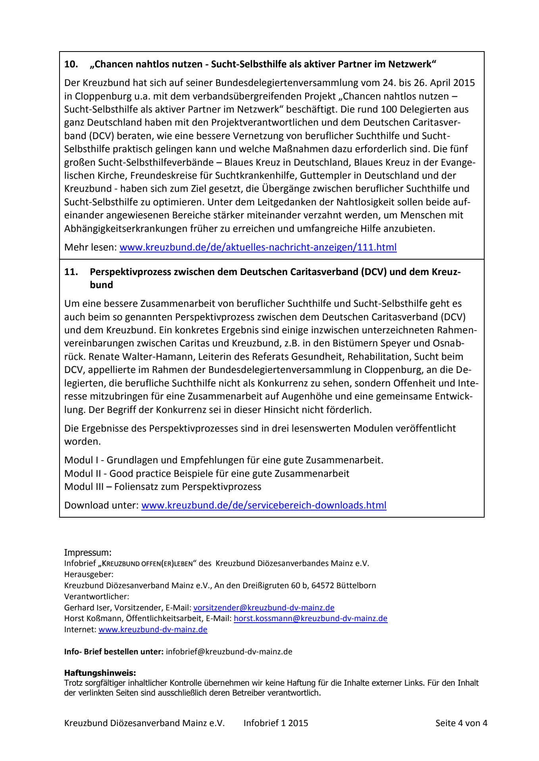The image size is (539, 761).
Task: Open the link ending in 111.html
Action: click(258, 247)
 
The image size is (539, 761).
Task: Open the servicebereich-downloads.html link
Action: click(264, 505)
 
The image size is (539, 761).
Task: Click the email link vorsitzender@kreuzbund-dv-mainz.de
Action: click(264, 607)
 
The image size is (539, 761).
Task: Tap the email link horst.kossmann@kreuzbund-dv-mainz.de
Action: click(310, 618)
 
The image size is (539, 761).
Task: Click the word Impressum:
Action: click(88, 553)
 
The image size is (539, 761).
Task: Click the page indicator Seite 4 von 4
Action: click(461, 723)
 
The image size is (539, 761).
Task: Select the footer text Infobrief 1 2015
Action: click(276, 723)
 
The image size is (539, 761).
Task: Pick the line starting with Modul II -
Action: click(207, 473)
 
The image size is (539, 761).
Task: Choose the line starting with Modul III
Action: click(163, 486)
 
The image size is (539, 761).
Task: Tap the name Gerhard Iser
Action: click(82, 607)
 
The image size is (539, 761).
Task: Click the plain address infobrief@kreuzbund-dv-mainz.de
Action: click(229, 652)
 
